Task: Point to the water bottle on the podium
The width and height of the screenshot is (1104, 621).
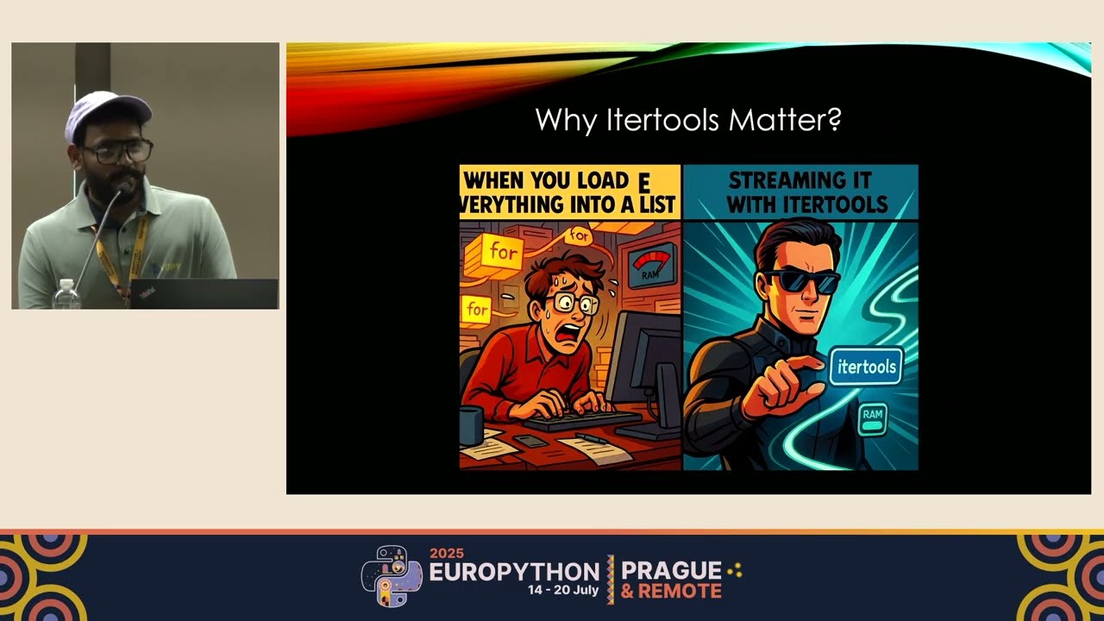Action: click(66, 295)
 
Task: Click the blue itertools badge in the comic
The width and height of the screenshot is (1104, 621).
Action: click(867, 367)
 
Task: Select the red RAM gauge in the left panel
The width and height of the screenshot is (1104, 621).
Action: click(651, 266)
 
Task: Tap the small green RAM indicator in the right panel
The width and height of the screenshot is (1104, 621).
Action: click(873, 417)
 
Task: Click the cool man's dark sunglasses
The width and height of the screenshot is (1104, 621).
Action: click(802, 281)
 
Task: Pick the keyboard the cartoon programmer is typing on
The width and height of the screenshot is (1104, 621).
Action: click(570, 422)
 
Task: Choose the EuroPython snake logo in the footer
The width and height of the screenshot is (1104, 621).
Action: click(391, 575)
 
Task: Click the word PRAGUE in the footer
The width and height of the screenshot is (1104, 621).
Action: click(671, 570)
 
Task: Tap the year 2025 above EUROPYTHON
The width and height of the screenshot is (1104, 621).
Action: click(447, 554)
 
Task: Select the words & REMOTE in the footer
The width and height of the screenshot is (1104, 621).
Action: click(671, 592)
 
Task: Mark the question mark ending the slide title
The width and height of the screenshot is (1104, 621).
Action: click(833, 120)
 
